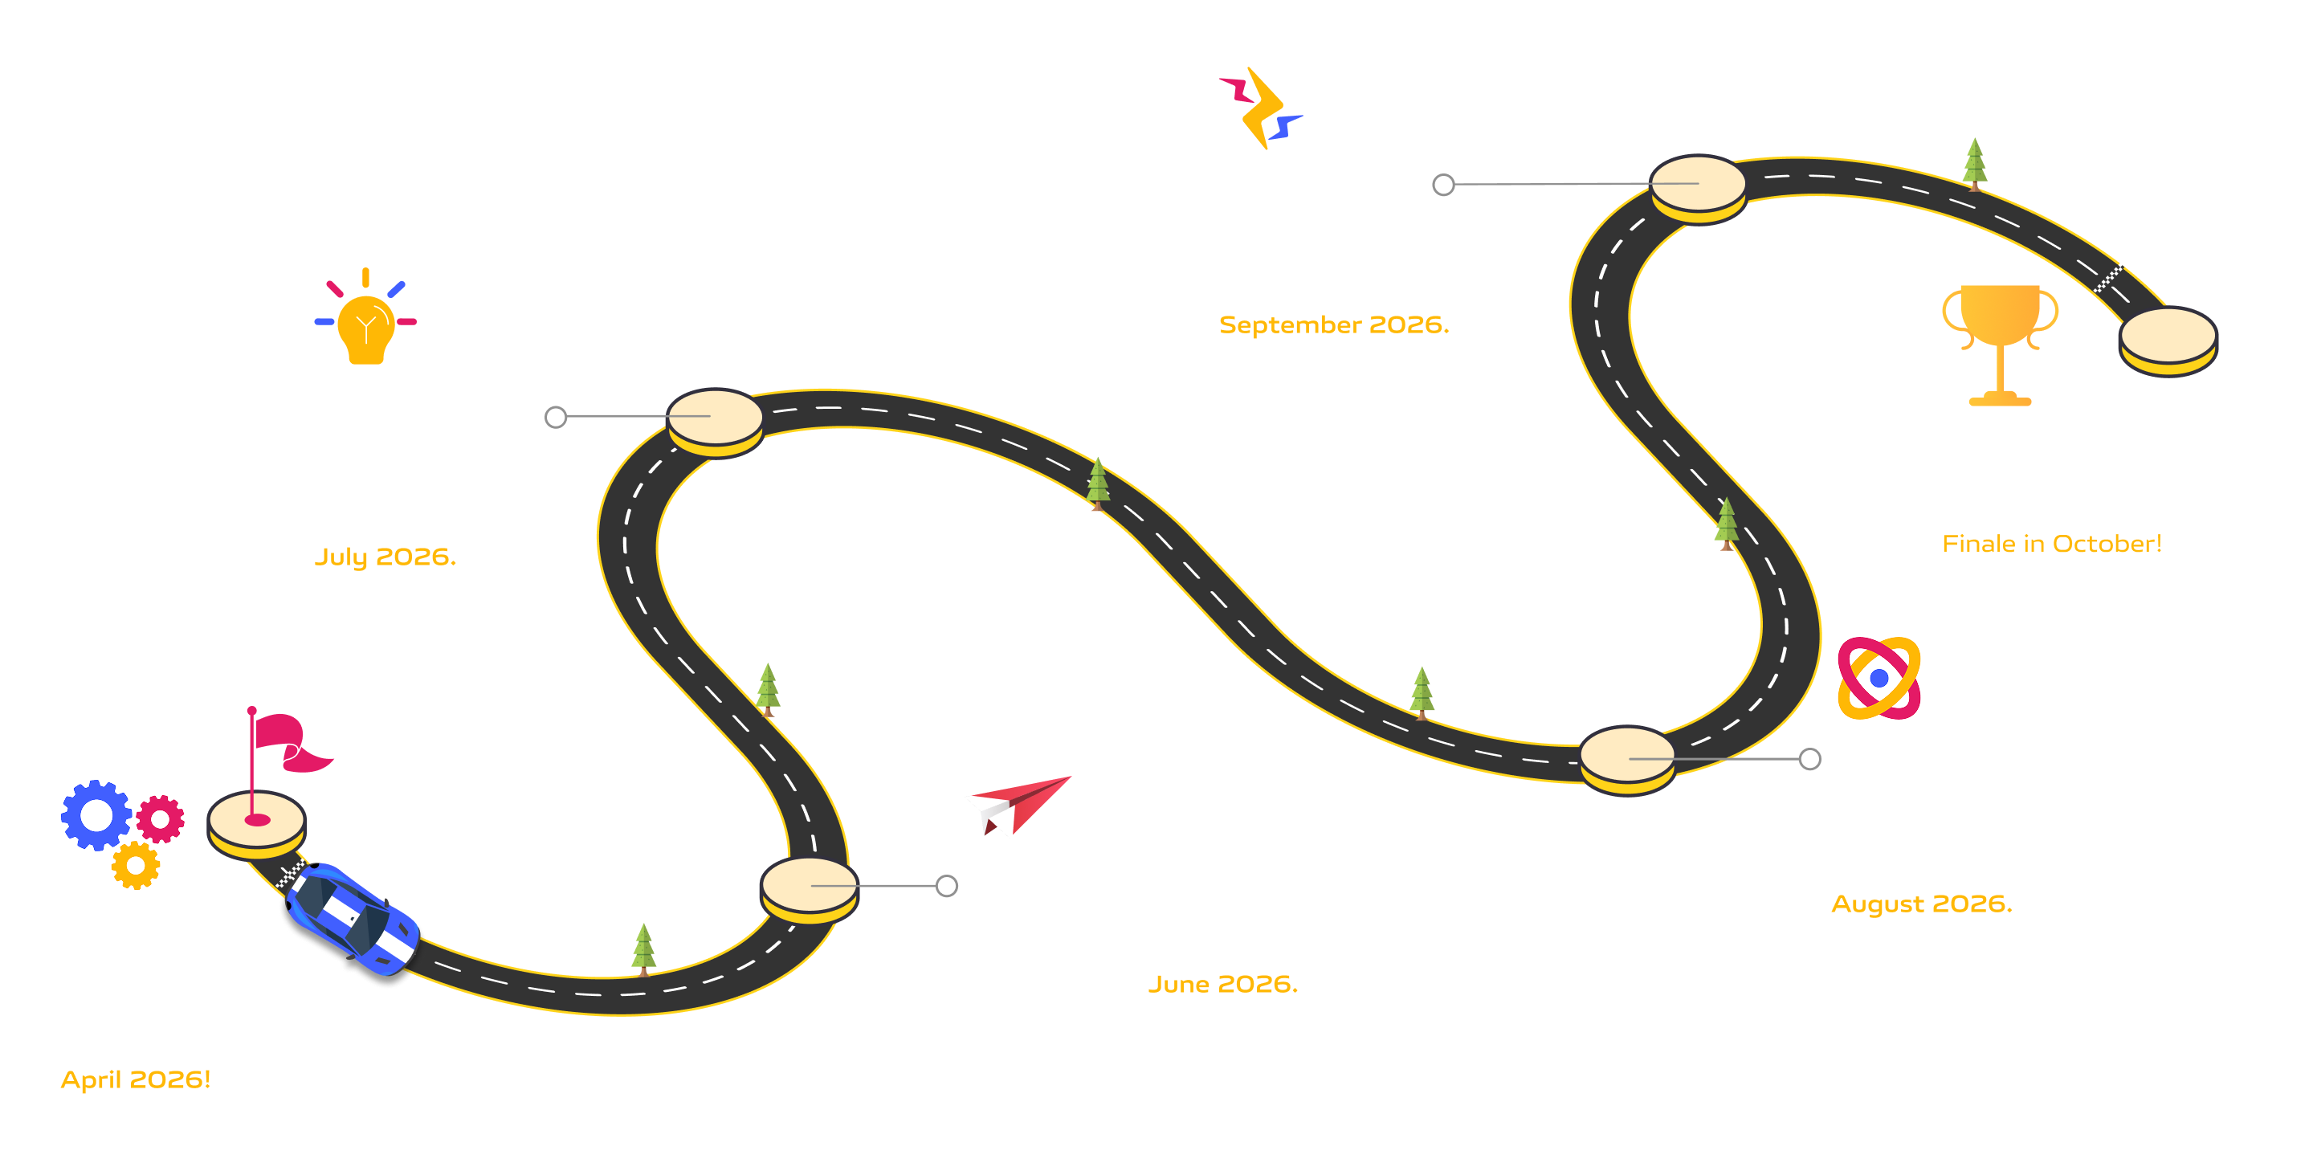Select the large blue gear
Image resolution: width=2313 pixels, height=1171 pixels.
pos(96,814)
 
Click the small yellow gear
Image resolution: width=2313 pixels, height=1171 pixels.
pos(136,866)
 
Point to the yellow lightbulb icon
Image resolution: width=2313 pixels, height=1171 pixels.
pos(365,328)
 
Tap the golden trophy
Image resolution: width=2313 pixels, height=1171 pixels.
pos(2000,341)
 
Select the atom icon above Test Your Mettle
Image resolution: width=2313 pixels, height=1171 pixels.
pos(1879,678)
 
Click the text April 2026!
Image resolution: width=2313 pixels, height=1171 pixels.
pos(136,1079)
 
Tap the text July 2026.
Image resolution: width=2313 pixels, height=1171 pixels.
pos(385,557)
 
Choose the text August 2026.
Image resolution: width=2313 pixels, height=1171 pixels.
pos(1922,904)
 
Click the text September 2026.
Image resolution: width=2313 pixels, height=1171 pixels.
pos(1333,325)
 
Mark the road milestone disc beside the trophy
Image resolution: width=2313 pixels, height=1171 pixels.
pos(2168,340)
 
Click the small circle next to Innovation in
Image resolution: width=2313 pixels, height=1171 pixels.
pos(946,887)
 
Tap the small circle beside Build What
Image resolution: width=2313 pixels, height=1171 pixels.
pos(556,417)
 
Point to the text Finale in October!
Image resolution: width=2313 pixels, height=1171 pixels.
pos(2051,545)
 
